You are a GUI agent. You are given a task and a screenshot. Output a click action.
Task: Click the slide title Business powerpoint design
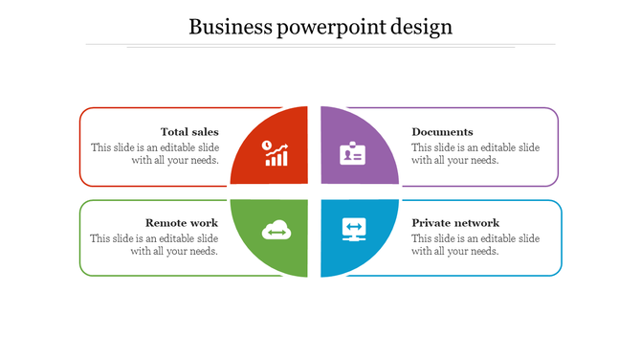[x=320, y=26]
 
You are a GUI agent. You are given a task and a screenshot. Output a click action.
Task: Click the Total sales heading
[x=189, y=132]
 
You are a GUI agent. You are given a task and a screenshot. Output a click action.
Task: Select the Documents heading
[x=442, y=132]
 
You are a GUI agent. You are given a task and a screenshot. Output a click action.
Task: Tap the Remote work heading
[x=182, y=223]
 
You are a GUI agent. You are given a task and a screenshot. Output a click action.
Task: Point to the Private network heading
[x=455, y=223]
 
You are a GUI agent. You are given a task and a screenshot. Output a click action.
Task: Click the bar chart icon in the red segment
[x=276, y=153]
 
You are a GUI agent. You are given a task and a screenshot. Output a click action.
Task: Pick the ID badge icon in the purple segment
[x=353, y=153]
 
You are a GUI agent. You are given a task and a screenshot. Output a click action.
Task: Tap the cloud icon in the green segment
[x=276, y=231]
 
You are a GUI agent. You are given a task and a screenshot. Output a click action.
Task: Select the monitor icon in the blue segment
[x=354, y=230]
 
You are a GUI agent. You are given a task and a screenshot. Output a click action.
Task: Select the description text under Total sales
[x=155, y=154]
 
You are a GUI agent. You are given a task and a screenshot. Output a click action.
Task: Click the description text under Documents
[x=475, y=154]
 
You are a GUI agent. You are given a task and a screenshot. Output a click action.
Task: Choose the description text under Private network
[x=475, y=245]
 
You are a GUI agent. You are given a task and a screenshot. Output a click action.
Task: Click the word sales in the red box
[x=205, y=132]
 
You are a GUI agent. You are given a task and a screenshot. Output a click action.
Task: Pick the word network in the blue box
[x=476, y=223]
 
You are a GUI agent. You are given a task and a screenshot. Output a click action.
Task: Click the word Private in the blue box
[x=431, y=223]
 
